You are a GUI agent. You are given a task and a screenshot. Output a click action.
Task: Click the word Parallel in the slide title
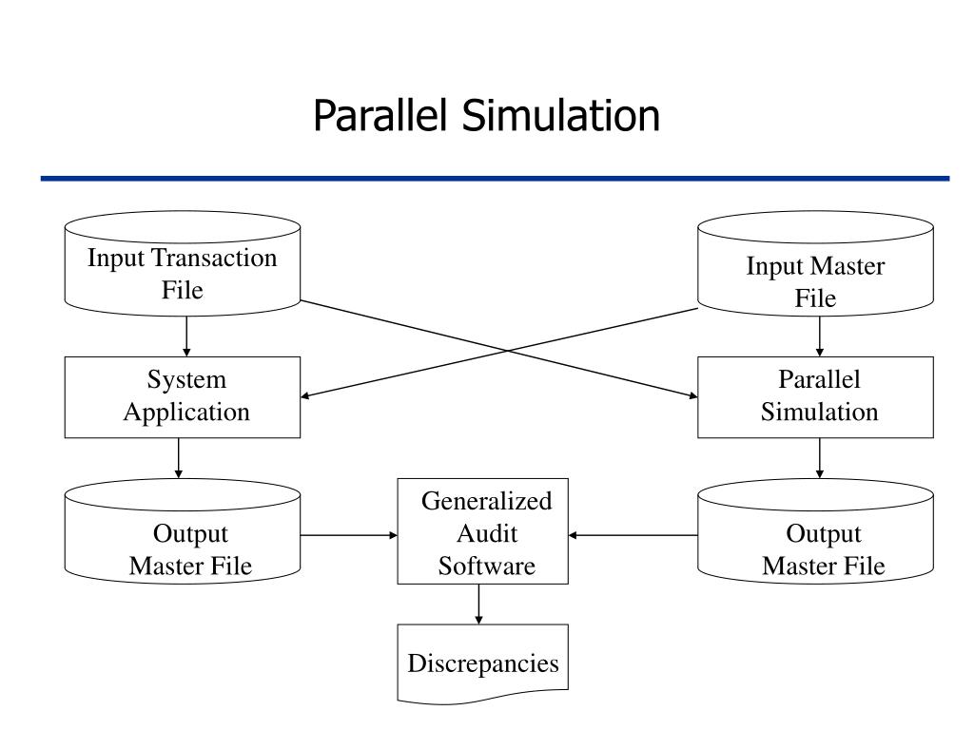coord(380,115)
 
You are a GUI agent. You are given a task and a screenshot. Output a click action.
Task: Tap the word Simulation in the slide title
coord(561,115)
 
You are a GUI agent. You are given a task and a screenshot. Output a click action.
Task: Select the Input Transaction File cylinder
coord(183,264)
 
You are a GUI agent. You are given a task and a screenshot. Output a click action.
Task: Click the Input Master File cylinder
coord(815,264)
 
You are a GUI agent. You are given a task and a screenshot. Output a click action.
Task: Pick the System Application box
coord(183,397)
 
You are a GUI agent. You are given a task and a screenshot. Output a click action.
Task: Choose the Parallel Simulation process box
coord(815,397)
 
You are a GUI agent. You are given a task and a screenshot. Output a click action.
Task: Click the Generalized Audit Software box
coord(482,531)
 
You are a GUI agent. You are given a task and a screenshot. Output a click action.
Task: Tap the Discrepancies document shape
coord(482,664)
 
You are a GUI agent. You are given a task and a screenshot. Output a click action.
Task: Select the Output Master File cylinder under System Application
coord(183,531)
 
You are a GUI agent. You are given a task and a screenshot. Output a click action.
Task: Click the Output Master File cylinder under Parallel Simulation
coord(815,531)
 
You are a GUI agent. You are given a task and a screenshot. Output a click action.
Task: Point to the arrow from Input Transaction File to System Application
coord(186,336)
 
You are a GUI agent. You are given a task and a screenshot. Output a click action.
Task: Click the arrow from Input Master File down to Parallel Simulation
coord(819,336)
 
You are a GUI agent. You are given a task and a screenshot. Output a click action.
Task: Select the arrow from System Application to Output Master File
coord(178,458)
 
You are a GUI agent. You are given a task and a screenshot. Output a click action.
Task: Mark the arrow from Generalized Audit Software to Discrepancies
coord(478,604)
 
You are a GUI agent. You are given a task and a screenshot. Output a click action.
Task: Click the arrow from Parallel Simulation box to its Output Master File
coord(819,458)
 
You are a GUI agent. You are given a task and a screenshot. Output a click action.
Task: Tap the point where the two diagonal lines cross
coord(508,352)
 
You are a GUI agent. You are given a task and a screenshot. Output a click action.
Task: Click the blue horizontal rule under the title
coord(495,179)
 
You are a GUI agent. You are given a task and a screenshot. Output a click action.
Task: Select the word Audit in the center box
coord(487,533)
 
